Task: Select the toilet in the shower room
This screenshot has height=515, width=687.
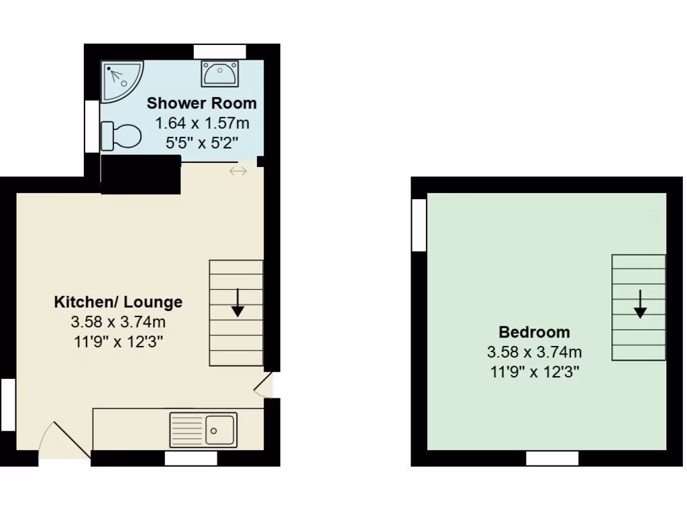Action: (x=121, y=136)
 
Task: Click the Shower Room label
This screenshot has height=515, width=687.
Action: (x=201, y=103)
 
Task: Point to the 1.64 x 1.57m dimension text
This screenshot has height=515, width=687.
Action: (x=201, y=123)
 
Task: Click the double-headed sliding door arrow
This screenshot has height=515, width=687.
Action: (x=238, y=172)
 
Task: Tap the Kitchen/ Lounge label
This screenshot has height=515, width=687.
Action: (x=118, y=302)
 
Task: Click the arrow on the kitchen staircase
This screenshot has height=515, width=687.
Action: (x=237, y=304)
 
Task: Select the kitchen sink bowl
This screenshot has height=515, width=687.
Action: (x=219, y=428)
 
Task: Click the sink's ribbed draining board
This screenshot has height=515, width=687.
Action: (x=187, y=428)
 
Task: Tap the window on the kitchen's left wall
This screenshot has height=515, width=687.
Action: (x=7, y=404)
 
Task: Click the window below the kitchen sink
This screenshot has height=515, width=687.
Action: (x=191, y=459)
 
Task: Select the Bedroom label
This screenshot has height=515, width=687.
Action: (x=534, y=332)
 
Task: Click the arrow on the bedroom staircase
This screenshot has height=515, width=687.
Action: (x=640, y=304)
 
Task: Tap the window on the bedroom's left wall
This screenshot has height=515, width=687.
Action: (x=419, y=225)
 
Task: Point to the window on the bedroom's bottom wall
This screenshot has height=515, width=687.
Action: (x=552, y=459)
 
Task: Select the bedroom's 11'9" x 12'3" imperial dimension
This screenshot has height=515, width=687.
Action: (x=534, y=371)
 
